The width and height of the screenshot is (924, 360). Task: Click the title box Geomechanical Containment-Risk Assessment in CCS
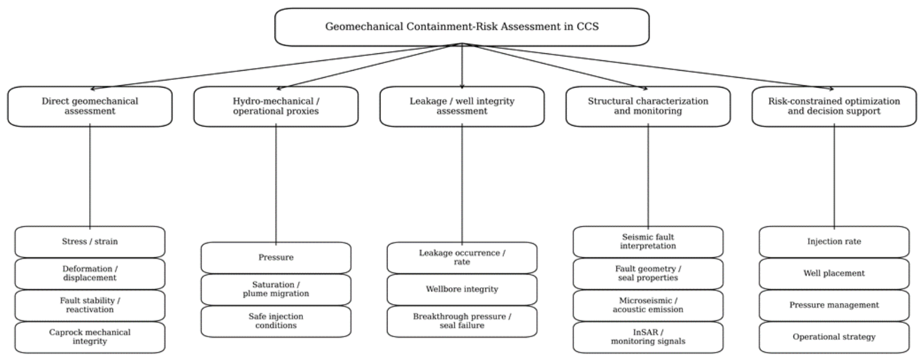pos(462,27)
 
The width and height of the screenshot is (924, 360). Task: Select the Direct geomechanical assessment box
pos(90,106)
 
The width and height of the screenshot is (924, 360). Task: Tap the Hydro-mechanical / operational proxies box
pos(276,106)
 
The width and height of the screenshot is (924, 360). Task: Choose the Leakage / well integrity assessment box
pos(462,106)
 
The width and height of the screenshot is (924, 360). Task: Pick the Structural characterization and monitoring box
pos(648,106)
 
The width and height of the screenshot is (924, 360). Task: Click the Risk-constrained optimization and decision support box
pos(834,106)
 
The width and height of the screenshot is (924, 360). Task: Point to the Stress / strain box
pos(90,241)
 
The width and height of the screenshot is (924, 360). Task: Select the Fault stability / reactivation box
pos(90,305)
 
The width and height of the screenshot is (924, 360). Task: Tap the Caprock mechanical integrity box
pos(90,337)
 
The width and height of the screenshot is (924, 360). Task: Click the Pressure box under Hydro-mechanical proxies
pos(276,258)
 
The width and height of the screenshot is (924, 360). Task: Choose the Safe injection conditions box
pos(276,321)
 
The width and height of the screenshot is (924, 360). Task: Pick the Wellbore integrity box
pos(462,289)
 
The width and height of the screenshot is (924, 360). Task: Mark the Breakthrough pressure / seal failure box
pos(462,321)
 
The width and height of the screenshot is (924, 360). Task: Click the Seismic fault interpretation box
pos(648,241)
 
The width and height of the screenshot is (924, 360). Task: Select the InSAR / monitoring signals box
pos(648,337)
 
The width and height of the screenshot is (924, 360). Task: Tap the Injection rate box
pos(834,241)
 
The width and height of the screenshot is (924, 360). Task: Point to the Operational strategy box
pos(834,337)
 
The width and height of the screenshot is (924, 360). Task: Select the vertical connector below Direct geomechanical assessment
pos(90,176)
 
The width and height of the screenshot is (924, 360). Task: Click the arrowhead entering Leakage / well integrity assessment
pos(462,86)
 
